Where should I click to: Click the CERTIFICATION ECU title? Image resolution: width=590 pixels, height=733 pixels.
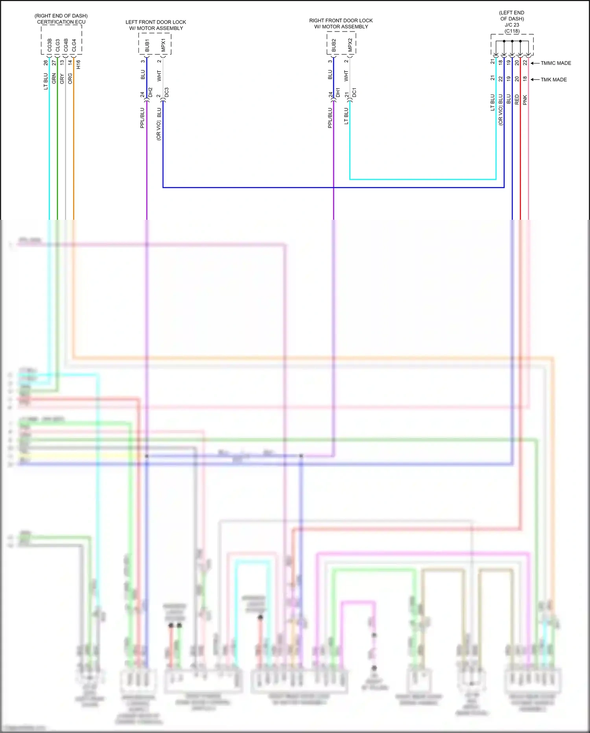(x=61, y=22)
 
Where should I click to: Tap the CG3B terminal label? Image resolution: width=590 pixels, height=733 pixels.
(x=50, y=45)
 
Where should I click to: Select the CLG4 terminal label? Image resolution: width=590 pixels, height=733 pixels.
(x=74, y=45)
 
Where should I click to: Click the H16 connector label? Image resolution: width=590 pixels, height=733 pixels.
(x=78, y=64)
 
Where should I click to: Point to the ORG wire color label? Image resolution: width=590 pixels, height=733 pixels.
(x=70, y=78)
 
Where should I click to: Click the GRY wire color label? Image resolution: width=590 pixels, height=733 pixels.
(x=62, y=79)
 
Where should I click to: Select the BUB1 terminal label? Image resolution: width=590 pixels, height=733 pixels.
(x=147, y=45)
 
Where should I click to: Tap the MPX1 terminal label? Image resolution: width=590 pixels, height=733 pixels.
(x=163, y=45)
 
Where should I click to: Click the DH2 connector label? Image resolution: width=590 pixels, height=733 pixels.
(x=150, y=93)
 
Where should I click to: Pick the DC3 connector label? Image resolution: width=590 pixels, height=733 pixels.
(x=166, y=93)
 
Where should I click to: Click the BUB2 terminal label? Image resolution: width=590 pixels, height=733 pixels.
(x=334, y=45)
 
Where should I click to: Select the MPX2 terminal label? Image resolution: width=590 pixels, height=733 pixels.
(x=350, y=45)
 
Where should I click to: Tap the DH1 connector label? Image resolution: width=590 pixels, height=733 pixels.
(x=337, y=93)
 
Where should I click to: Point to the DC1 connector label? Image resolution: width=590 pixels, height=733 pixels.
(x=354, y=93)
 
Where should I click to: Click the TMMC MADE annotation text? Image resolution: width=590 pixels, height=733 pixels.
(x=556, y=63)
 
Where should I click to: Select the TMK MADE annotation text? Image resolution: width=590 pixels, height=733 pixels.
(x=554, y=80)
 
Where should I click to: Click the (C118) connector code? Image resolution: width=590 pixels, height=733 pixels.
(x=512, y=31)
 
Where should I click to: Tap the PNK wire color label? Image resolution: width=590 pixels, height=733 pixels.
(x=525, y=100)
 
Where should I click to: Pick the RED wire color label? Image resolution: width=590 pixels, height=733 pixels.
(x=517, y=100)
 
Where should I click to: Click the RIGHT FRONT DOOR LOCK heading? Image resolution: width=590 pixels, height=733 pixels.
(x=341, y=20)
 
